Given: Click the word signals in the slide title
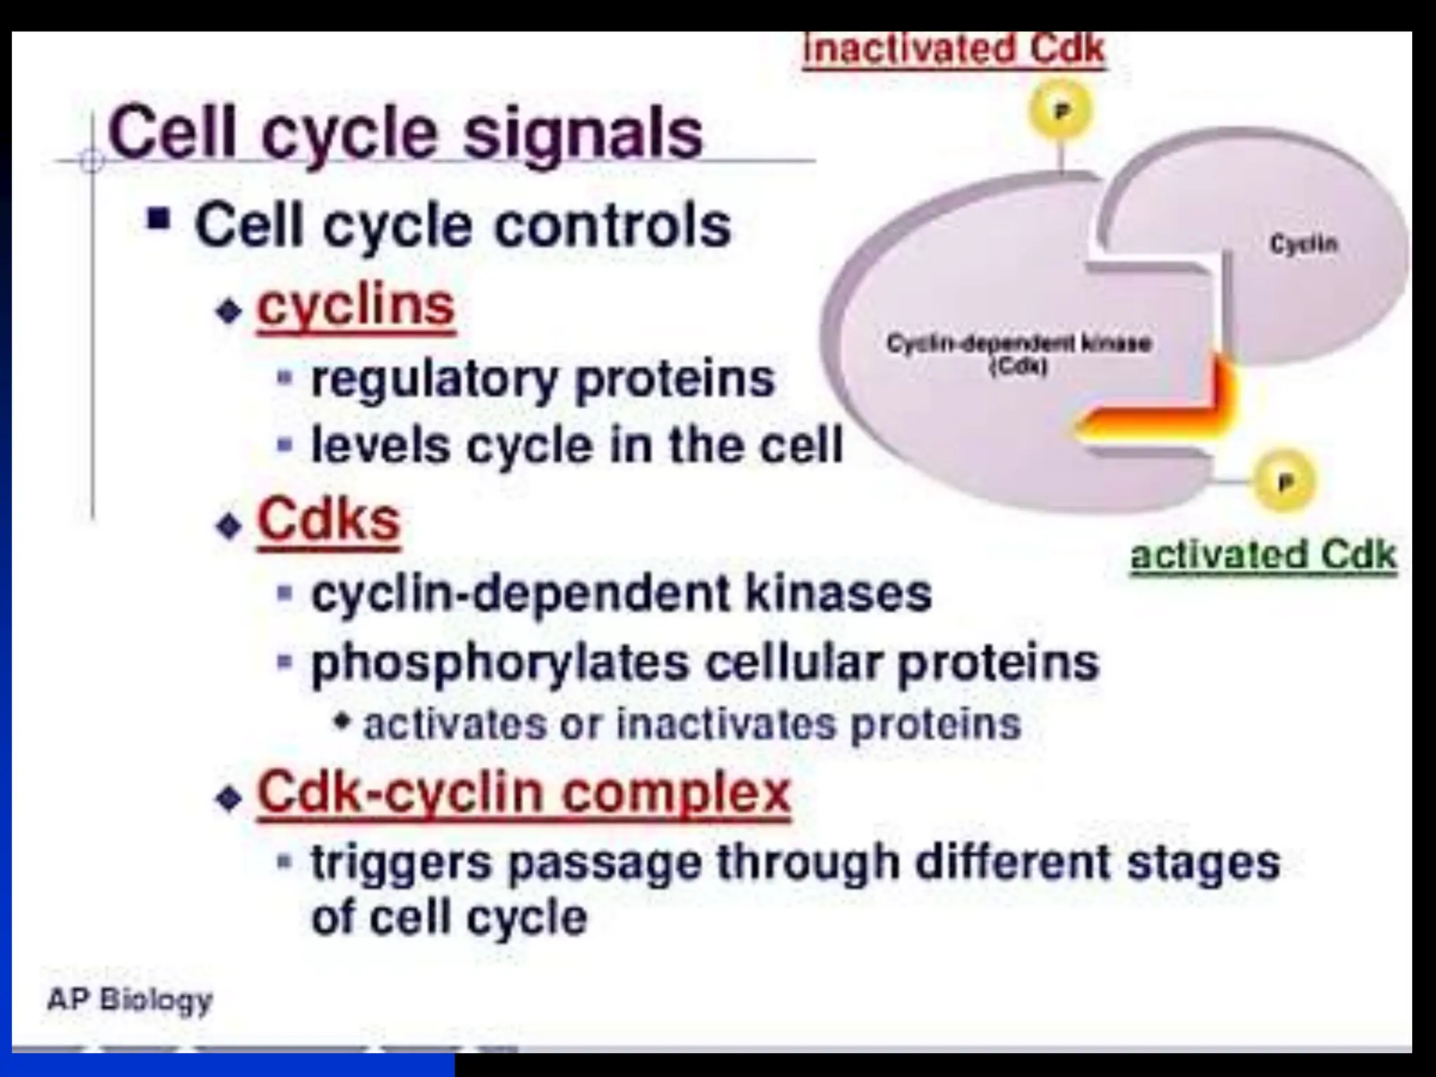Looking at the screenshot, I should [583, 135].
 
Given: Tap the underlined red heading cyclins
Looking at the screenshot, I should [356, 306].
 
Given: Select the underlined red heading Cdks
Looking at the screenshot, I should [329, 520].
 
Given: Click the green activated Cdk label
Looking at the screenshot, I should [1264, 555].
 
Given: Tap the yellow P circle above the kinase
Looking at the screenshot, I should [1061, 111].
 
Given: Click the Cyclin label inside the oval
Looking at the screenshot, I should [1303, 244].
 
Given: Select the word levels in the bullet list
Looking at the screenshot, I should [380, 446].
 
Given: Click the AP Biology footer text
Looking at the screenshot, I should [130, 999].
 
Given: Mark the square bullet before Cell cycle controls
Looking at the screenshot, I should [159, 219].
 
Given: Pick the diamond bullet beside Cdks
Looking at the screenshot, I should [229, 524].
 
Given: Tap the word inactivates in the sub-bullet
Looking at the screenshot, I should [726, 725].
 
